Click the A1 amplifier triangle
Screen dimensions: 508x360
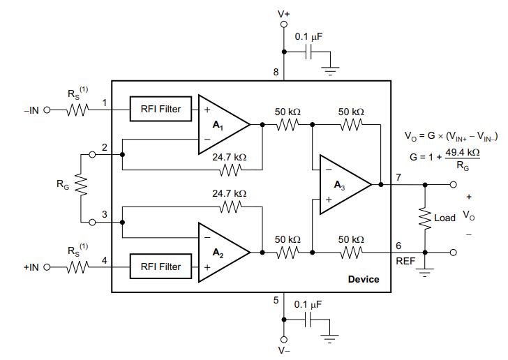tap(221, 125)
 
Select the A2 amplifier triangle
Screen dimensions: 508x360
tap(221, 253)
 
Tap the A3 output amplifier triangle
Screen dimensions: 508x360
tap(342, 185)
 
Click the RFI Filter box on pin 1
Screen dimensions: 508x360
tap(160, 109)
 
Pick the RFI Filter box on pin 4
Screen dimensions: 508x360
tap(160, 267)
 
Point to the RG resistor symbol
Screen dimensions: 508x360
tap(81, 184)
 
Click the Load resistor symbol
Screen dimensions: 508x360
tap(425, 218)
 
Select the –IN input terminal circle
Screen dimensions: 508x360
tap(47, 110)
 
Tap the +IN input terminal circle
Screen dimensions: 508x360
tap(47, 267)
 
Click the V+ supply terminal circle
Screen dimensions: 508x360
tap(284, 24)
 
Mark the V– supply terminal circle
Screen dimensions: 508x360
tap(284, 339)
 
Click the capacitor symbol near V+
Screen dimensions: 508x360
tap(308, 52)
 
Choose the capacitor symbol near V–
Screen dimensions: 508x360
tap(308, 320)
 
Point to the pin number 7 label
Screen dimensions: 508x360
tap(398, 177)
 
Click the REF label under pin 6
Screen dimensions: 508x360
tap(405, 261)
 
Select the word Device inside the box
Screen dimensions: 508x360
tap(364, 279)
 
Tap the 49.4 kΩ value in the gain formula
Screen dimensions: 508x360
tap(463, 152)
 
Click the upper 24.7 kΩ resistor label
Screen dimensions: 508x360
tap(230, 157)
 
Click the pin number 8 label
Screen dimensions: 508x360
tap(276, 72)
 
